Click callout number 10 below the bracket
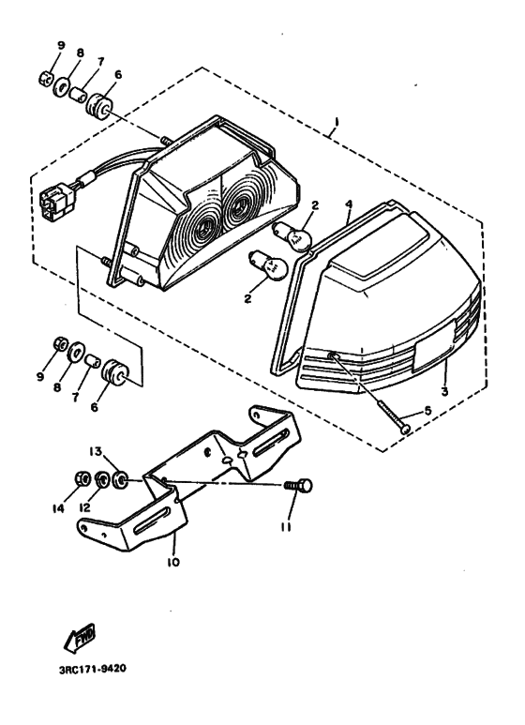click(174, 564)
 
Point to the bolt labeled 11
click(301, 487)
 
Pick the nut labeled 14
click(83, 480)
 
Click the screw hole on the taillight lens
click(335, 355)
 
